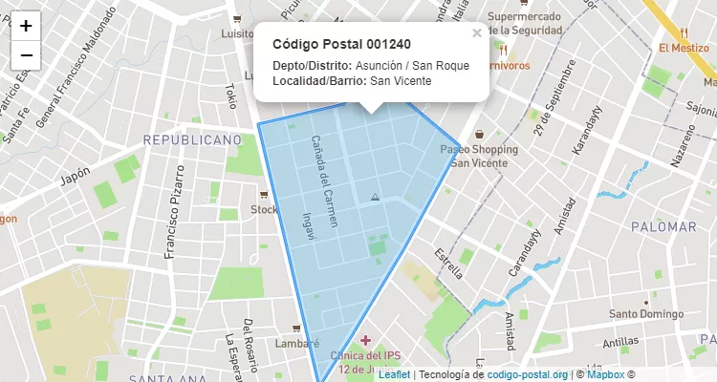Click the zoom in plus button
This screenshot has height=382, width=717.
click(26, 26)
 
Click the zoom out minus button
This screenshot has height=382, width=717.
click(26, 55)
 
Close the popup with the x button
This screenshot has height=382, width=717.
click(477, 33)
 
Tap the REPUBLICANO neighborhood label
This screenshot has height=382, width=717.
click(192, 140)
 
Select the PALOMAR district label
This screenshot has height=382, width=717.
click(663, 227)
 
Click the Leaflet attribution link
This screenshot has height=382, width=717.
click(394, 374)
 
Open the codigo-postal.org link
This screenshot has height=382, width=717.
click(528, 374)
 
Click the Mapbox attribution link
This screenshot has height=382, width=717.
click(604, 374)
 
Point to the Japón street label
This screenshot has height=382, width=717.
click(75, 176)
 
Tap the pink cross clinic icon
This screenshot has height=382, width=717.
click(367, 340)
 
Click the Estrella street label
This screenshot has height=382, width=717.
click(448, 263)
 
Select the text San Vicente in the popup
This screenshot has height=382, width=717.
click(401, 80)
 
